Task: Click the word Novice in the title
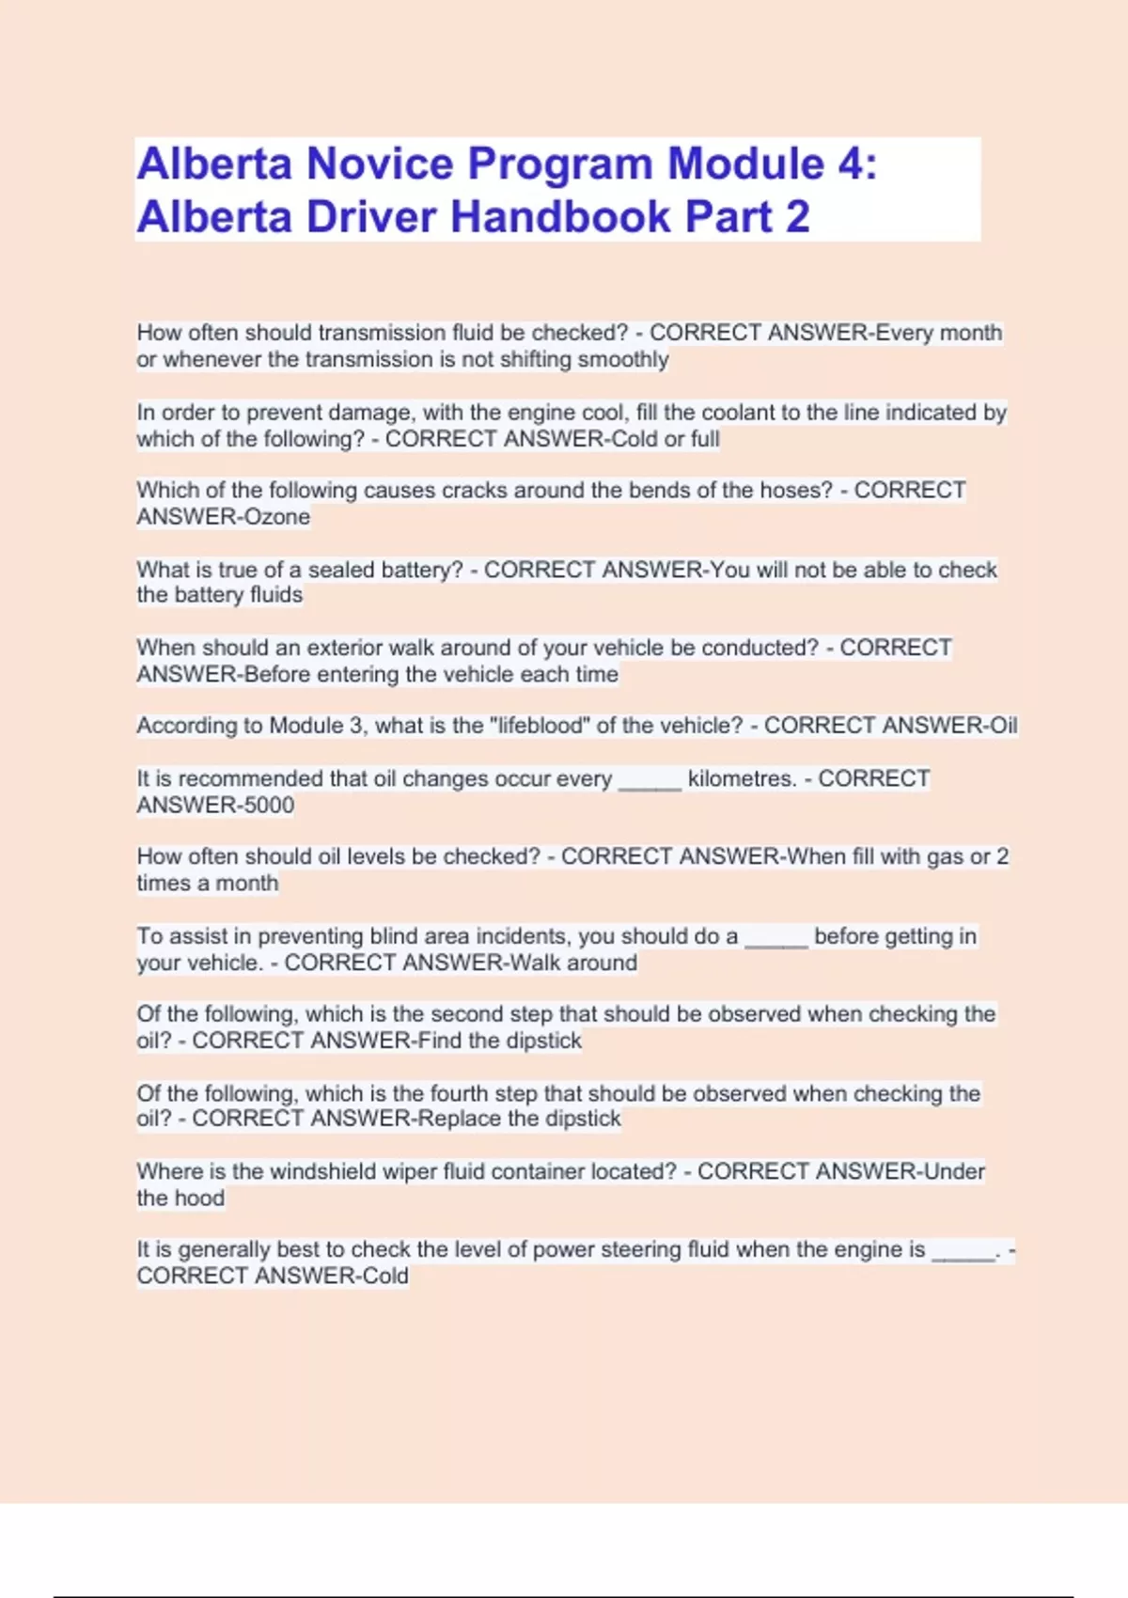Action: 380,164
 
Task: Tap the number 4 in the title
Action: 850,164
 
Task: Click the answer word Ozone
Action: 276,517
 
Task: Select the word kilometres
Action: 742,779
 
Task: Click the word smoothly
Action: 623,360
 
